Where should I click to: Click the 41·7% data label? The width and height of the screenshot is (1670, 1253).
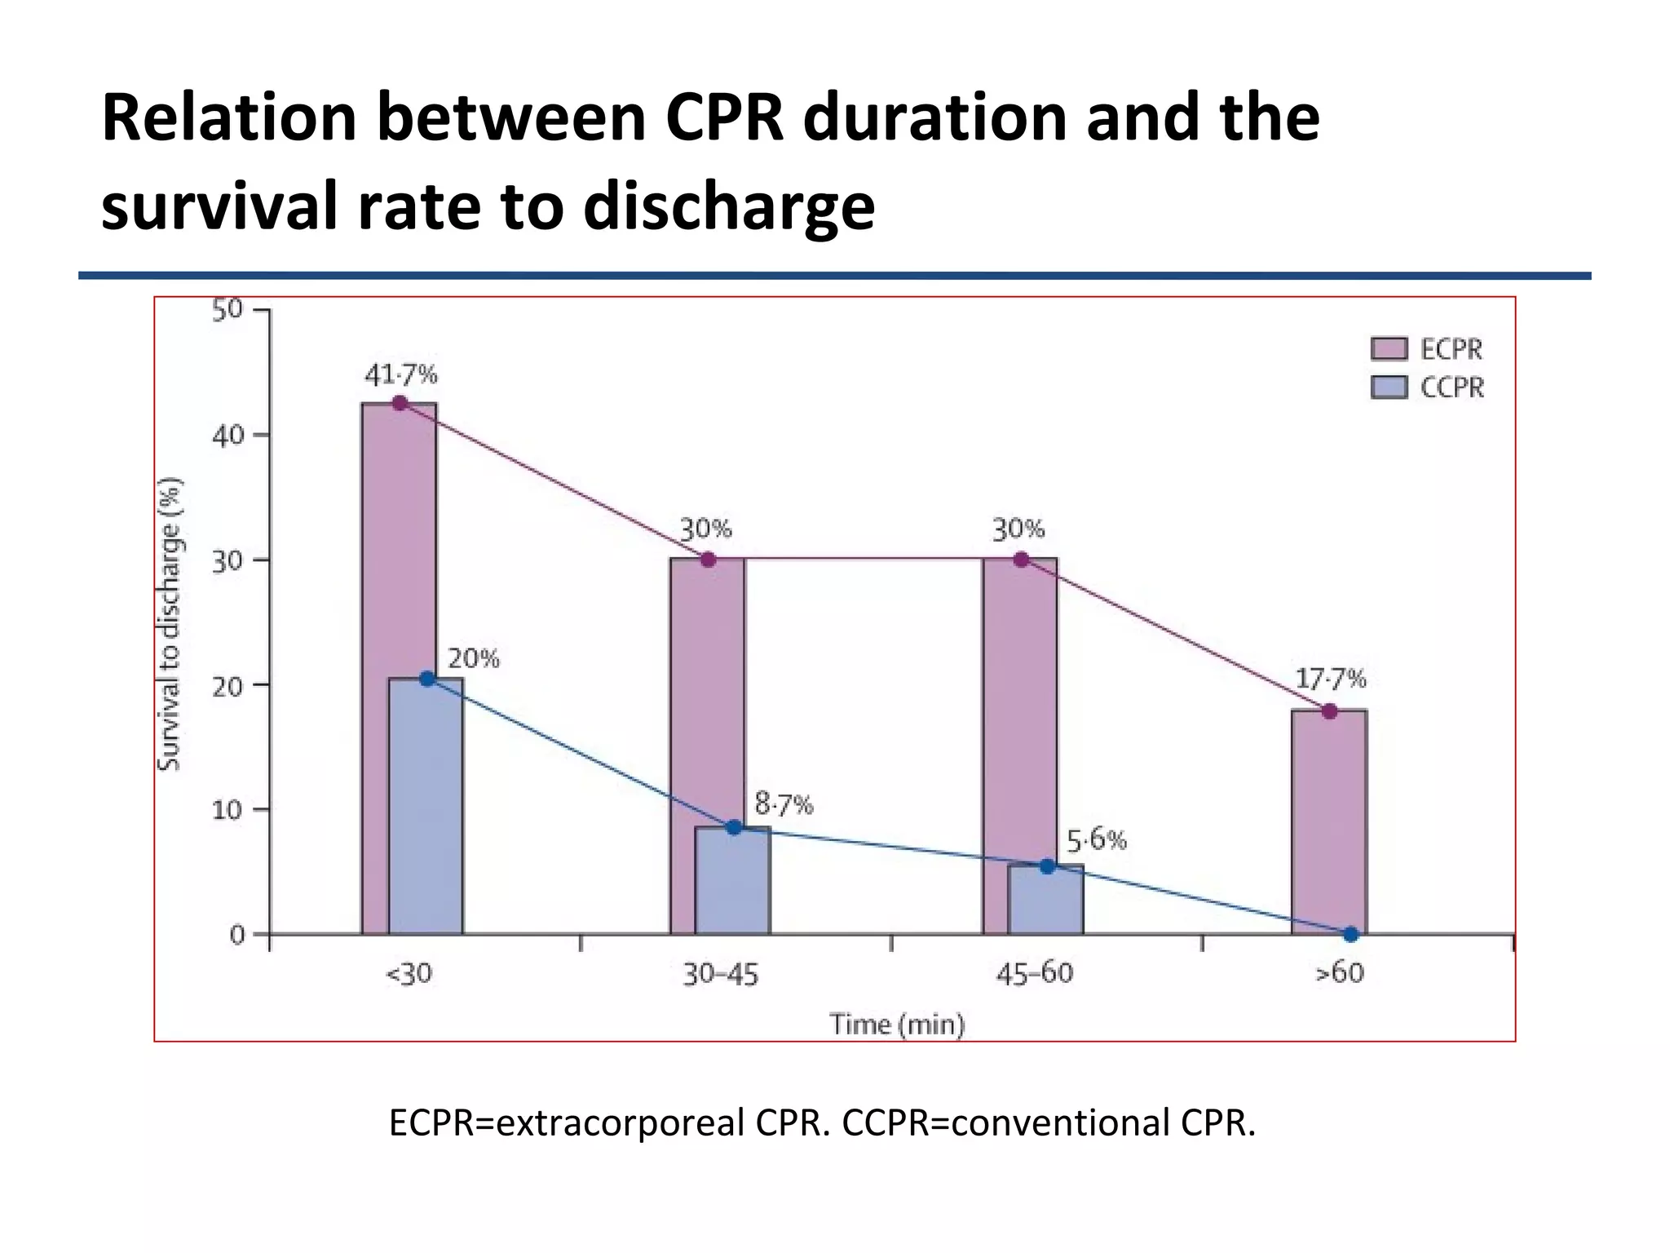pos(400,375)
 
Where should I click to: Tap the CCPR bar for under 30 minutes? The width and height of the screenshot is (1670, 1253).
pos(426,808)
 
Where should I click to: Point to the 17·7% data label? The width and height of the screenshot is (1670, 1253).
pos(1331,679)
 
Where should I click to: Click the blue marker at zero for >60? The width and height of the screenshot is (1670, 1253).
pos(1350,934)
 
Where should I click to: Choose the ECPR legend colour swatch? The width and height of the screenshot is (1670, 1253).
pos(1389,349)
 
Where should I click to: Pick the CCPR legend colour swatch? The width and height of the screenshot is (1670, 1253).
pos(1389,387)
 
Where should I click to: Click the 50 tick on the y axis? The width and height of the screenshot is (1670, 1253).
pos(228,310)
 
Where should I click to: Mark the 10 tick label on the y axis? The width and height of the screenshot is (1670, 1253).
pos(228,810)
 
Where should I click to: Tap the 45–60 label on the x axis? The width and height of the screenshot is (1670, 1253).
pos(1034,973)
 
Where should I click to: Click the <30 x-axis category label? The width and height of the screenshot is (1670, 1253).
pos(409,973)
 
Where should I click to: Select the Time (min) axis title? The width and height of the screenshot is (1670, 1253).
pos(897,1024)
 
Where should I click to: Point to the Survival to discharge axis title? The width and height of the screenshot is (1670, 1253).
pos(169,624)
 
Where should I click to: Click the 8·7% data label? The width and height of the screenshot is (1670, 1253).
pos(784,805)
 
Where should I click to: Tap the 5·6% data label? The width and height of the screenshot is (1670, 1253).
pos(1097,839)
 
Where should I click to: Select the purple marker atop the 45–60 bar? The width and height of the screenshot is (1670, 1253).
pos(1020,560)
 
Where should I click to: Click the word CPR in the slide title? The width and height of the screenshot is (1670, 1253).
pos(724,118)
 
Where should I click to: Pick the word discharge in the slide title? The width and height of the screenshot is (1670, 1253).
pos(729,206)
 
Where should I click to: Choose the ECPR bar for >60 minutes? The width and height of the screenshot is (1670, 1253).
pos(1329,824)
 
